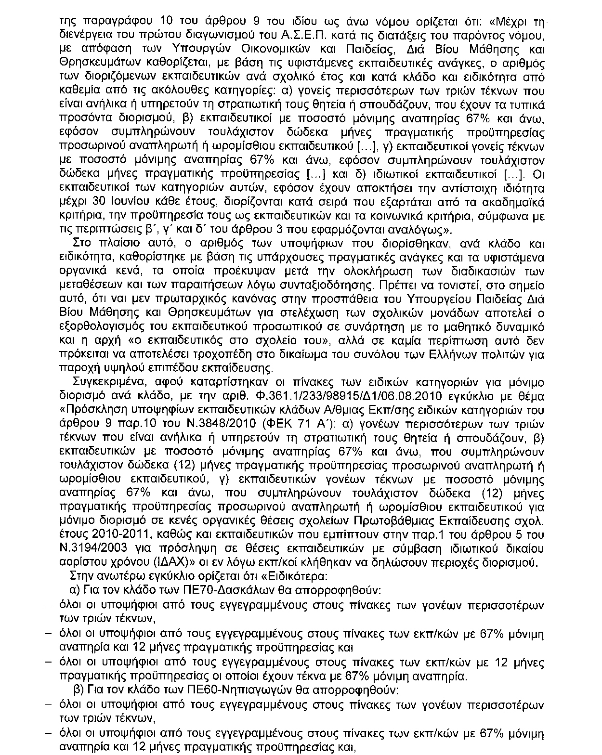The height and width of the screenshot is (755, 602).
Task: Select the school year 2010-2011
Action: [x=115, y=535]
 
